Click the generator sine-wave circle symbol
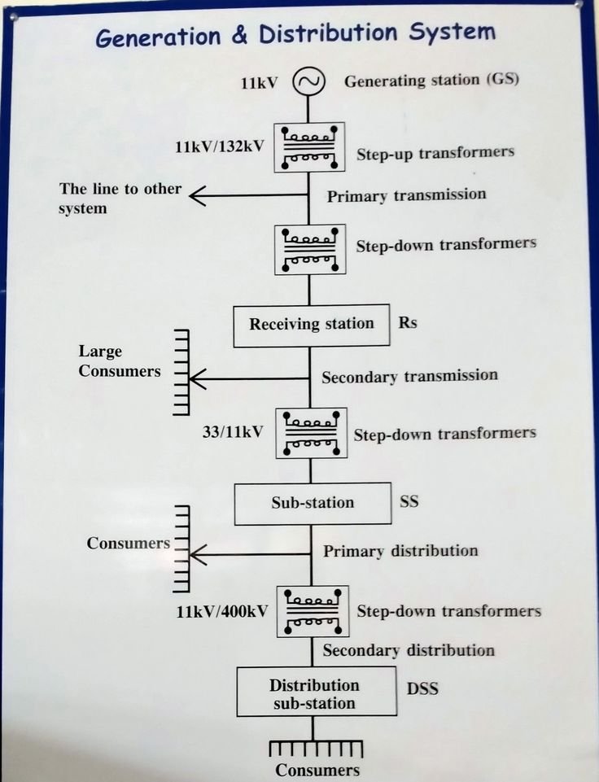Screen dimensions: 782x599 click(309, 81)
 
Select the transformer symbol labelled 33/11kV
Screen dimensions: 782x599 click(311, 433)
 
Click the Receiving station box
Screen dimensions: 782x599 click(311, 324)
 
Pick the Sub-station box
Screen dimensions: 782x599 click(312, 503)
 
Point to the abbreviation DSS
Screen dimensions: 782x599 click(422, 688)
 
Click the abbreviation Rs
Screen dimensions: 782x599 click(408, 322)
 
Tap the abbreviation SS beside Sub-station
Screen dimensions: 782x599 click(409, 501)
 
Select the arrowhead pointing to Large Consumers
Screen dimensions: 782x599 click(198, 378)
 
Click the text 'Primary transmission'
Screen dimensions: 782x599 click(406, 195)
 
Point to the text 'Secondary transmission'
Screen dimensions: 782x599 click(409, 376)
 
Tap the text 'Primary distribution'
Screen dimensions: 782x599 click(400, 551)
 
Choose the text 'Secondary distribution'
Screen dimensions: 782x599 click(408, 650)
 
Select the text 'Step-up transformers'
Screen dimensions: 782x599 click(435, 152)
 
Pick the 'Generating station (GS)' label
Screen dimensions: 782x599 click(431, 81)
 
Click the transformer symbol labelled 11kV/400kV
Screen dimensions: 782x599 click(312, 612)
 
